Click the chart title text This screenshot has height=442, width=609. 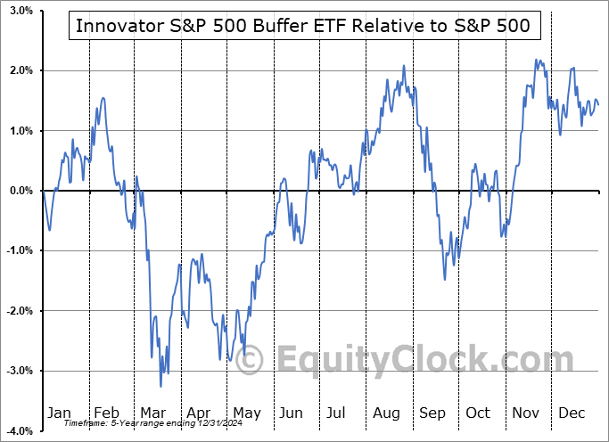pos(303,26)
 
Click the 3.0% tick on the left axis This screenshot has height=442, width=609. pos(21,11)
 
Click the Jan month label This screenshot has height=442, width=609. pos(58,413)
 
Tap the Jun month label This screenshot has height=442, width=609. pos(291,413)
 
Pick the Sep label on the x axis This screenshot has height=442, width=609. pos(432,413)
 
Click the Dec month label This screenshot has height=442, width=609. pos(572,413)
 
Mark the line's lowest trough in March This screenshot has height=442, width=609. pos(160,386)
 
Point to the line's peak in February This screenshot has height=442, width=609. pos(103,97)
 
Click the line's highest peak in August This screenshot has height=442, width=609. pos(404,65)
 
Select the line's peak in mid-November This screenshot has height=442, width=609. pos(537,60)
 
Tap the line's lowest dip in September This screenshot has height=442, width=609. pos(445,279)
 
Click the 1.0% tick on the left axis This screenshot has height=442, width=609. pos(21,131)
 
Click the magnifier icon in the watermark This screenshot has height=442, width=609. pos(249,360)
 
